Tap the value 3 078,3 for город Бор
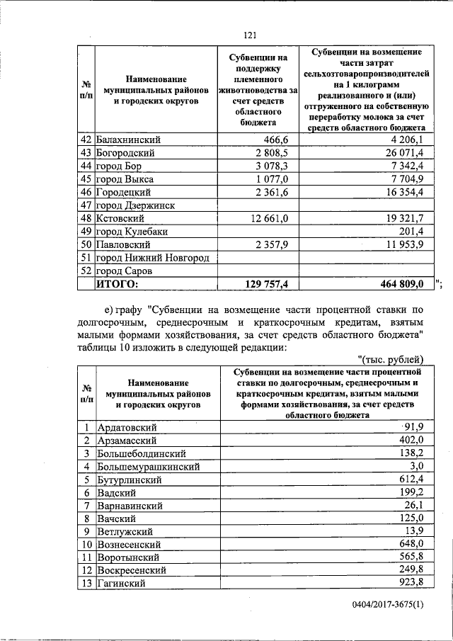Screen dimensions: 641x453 [x=267, y=166]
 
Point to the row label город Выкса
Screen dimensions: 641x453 [x=125, y=179]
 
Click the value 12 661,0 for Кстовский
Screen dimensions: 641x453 [x=263, y=218]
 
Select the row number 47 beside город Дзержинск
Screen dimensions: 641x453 [x=86, y=205]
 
